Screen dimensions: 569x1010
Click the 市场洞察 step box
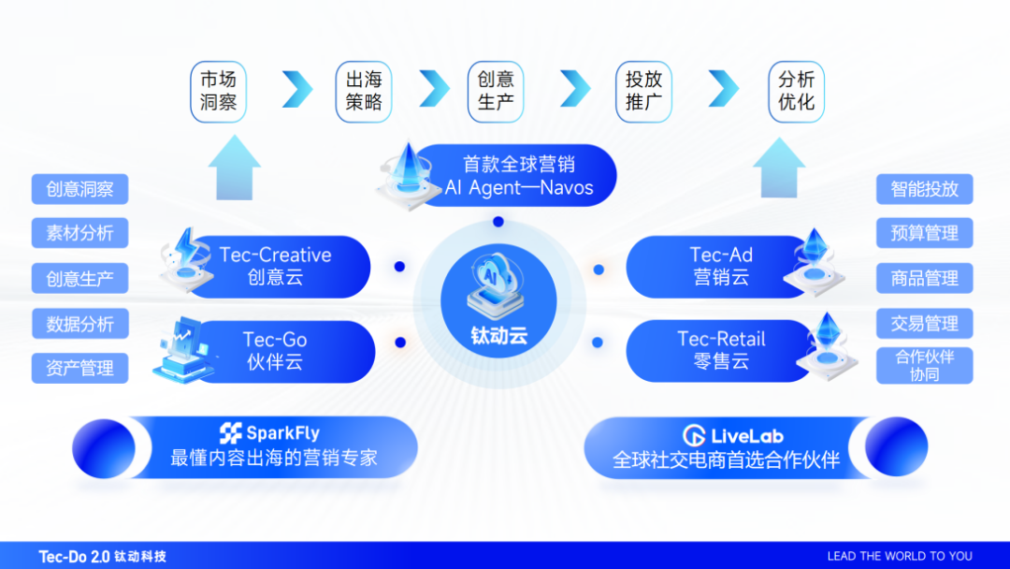(x=218, y=91)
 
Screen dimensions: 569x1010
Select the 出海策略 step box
(x=364, y=91)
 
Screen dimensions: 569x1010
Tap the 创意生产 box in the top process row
(x=496, y=91)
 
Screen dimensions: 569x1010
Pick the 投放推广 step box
(x=644, y=91)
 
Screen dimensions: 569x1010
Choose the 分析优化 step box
(x=796, y=91)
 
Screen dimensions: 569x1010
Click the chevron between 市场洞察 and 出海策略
(x=296, y=89)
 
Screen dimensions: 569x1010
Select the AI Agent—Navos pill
(x=518, y=176)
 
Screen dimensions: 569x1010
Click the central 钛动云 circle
(x=498, y=301)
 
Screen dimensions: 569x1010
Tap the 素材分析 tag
(x=79, y=233)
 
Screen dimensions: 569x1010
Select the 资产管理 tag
(x=79, y=369)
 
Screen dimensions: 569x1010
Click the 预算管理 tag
(x=924, y=233)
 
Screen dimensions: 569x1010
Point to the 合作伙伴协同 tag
(x=924, y=366)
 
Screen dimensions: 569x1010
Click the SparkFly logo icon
(x=230, y=433)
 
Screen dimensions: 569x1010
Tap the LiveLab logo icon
(x=693, y=435)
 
